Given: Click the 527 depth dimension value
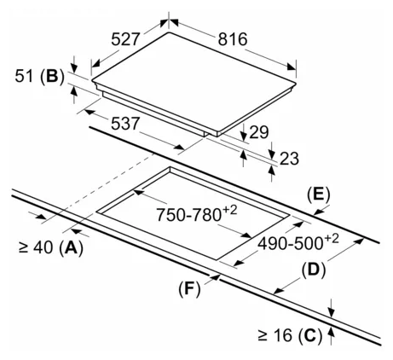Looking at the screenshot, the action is [x=125, y=39].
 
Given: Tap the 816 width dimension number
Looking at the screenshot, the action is [x=233, y=39].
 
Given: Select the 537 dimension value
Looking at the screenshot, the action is [x=125, y=124].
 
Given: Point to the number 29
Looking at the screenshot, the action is [x=259, y=132].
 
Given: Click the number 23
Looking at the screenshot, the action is [x=290, y=158].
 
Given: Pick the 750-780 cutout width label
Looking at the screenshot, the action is [x=188, y=214].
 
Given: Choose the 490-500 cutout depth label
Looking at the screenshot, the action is [x=290, y=243].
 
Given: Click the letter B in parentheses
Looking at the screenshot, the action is [x=52, y=76].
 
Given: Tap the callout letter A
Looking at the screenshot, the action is [x=71, y=247].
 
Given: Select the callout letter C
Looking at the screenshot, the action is [x=310, y=335].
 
